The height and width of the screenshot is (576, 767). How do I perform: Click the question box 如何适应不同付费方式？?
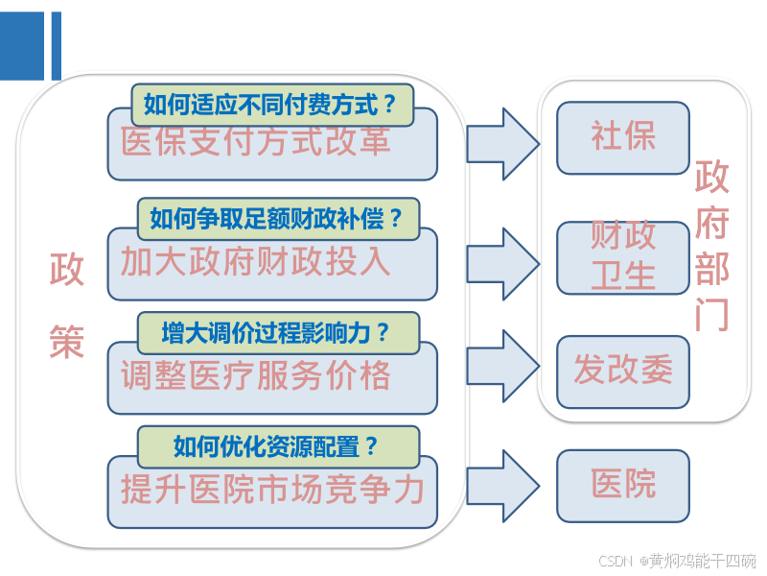pos(271,105)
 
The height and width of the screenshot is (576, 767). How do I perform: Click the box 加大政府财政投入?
pos(271,262)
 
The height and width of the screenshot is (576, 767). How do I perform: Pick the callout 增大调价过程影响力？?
pos(278,333)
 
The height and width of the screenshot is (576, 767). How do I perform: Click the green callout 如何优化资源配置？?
pos(278,446)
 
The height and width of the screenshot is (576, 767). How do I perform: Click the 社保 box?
pos(622,137)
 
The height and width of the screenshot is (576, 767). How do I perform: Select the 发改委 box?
pos(622,372)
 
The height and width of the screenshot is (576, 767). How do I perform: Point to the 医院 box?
pos(622,485)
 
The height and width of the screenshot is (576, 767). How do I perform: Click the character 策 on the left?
pos(66,342)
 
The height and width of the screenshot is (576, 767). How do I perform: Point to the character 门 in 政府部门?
pos(712,315)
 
